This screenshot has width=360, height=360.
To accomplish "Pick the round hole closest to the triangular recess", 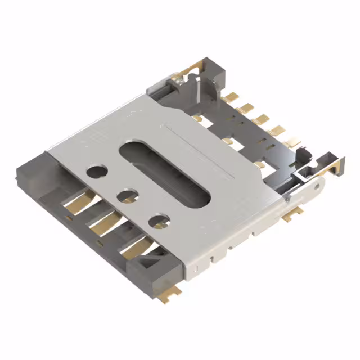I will (x=159, y=219).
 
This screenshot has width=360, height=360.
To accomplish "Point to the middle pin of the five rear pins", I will (x=260, y=119).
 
